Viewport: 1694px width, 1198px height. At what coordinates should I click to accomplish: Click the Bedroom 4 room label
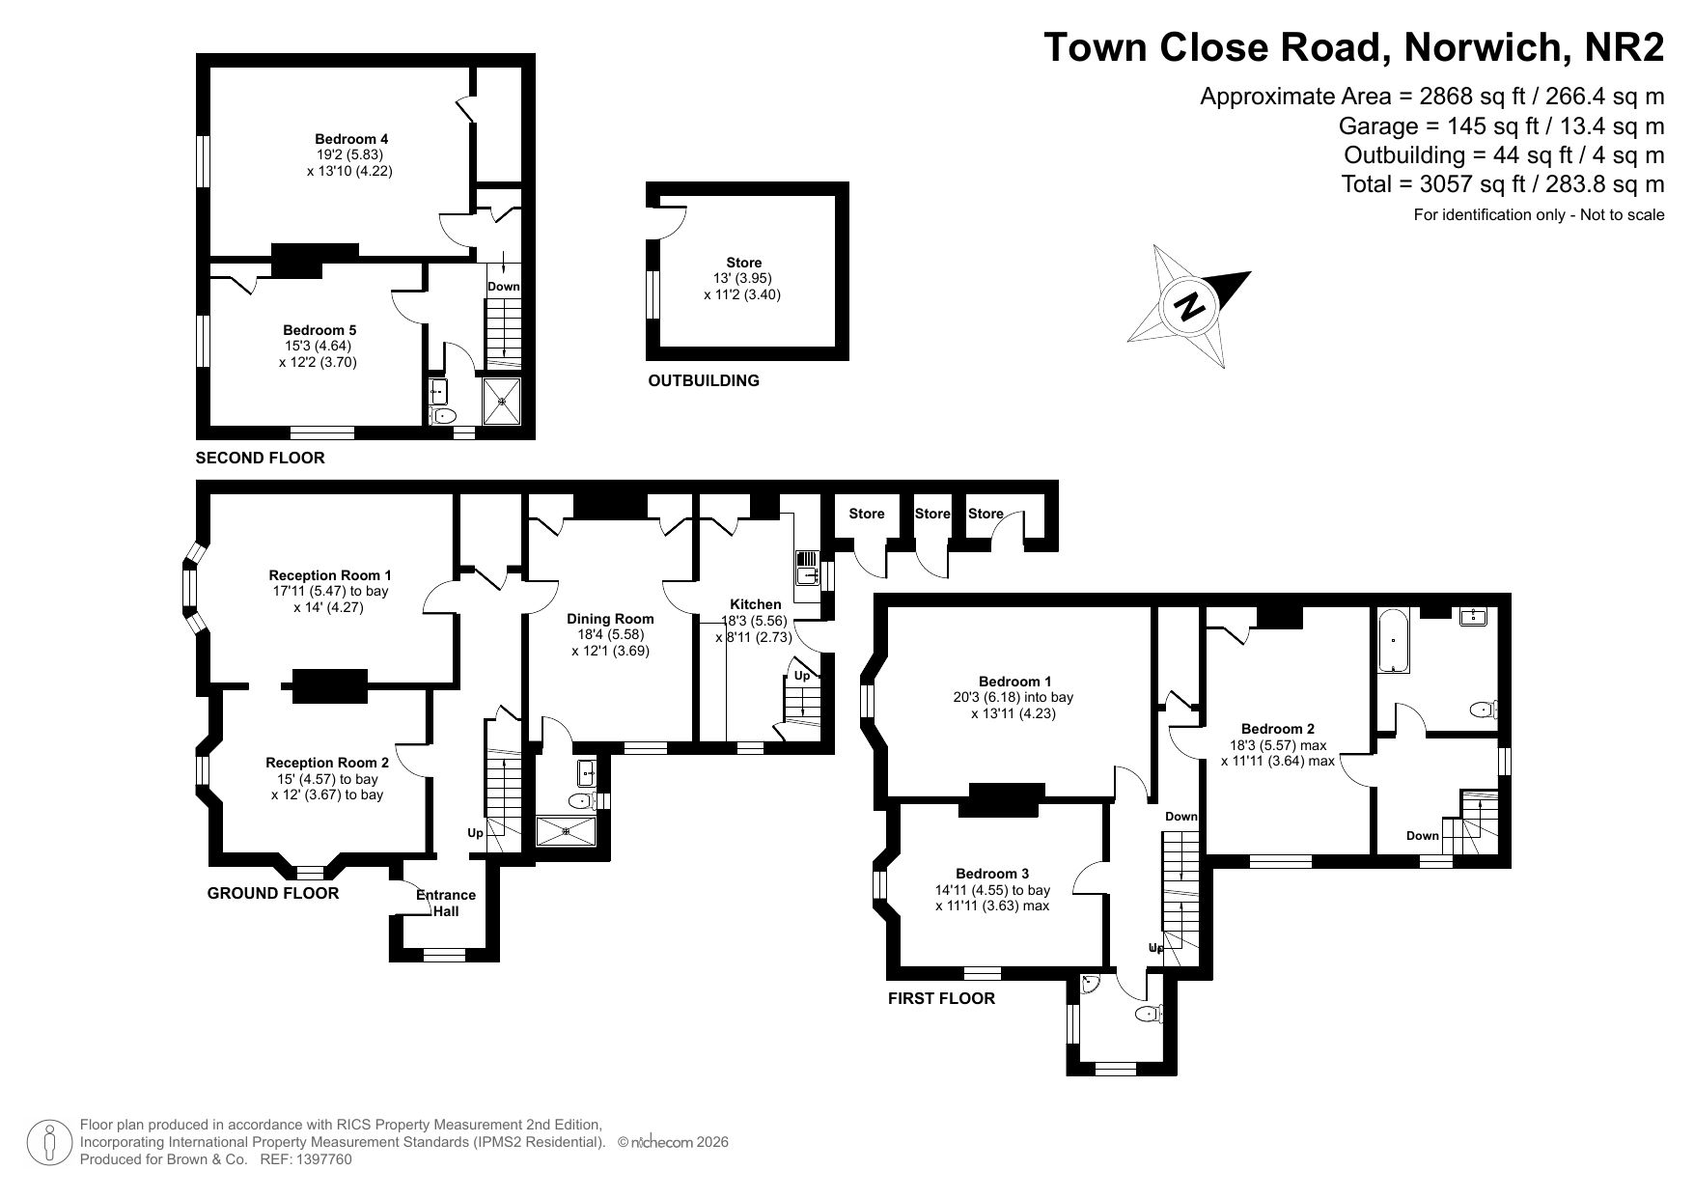[351, 138]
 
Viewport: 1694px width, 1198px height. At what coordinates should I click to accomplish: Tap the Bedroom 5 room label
[319, 330]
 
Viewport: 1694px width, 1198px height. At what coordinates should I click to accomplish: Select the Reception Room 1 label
[330, 575]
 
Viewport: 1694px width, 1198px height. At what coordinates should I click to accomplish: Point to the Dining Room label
[610, 619]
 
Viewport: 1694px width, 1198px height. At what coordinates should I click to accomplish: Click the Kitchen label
[756, 604]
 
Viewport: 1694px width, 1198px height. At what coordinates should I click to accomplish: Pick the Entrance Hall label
[446, 903]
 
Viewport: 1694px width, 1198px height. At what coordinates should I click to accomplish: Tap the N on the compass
[1191, 306]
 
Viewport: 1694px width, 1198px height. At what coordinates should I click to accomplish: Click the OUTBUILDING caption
[704, 380]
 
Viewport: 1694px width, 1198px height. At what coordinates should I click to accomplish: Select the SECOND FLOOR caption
[261, 458]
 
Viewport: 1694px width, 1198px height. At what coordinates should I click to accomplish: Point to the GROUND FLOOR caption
[273, 893]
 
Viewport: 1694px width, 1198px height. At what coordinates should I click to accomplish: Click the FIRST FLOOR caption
[941, 998]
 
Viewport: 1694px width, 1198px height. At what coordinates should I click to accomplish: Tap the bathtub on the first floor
[1394, 640]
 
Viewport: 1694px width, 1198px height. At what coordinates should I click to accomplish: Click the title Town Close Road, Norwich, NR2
[1354, 46]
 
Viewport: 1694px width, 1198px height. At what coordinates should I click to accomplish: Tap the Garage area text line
[1501, 125]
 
